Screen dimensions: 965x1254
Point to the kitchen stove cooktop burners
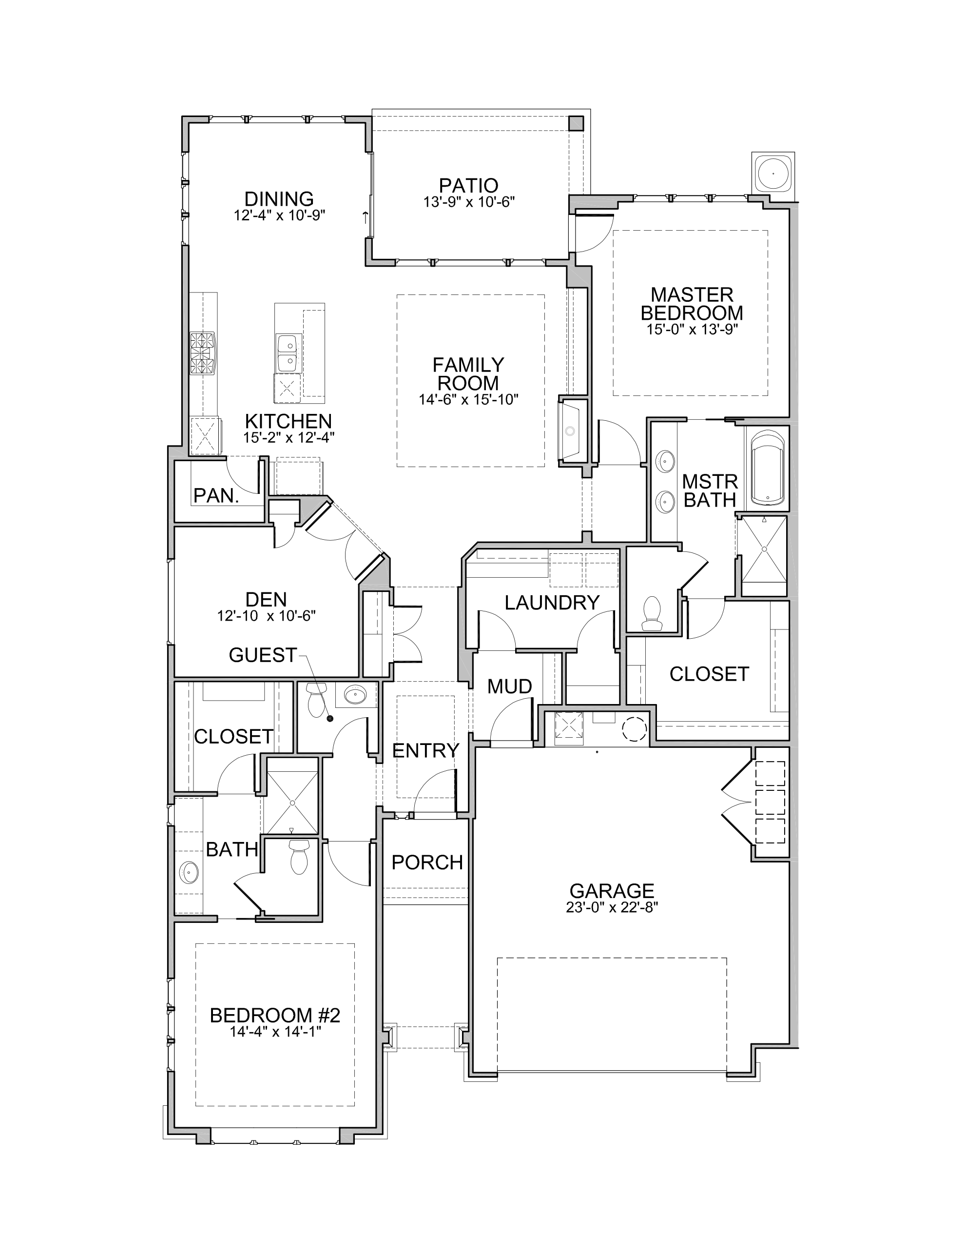point(203,353)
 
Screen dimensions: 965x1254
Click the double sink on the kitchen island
point(288,353)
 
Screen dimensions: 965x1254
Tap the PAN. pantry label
point(216,496)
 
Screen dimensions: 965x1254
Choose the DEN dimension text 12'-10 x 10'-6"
point(267,616)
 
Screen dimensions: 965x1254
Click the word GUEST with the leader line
point(262,655)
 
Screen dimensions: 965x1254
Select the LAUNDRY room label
point(552,602)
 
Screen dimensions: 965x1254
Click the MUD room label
point(510,686)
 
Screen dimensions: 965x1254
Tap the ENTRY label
point(425,750)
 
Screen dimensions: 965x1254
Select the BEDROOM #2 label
point(275,1015)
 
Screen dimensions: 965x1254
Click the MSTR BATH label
point(710,490)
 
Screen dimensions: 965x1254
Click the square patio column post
point(576,123)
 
